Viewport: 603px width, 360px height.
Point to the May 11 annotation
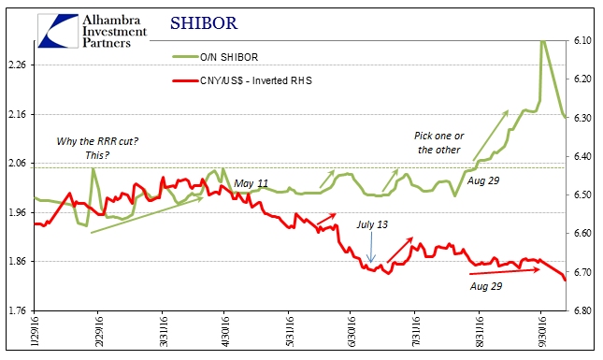[x=251, y=183]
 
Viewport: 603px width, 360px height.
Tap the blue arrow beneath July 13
[x=372, y=249]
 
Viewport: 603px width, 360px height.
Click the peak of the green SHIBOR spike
[x=542, y=42]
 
